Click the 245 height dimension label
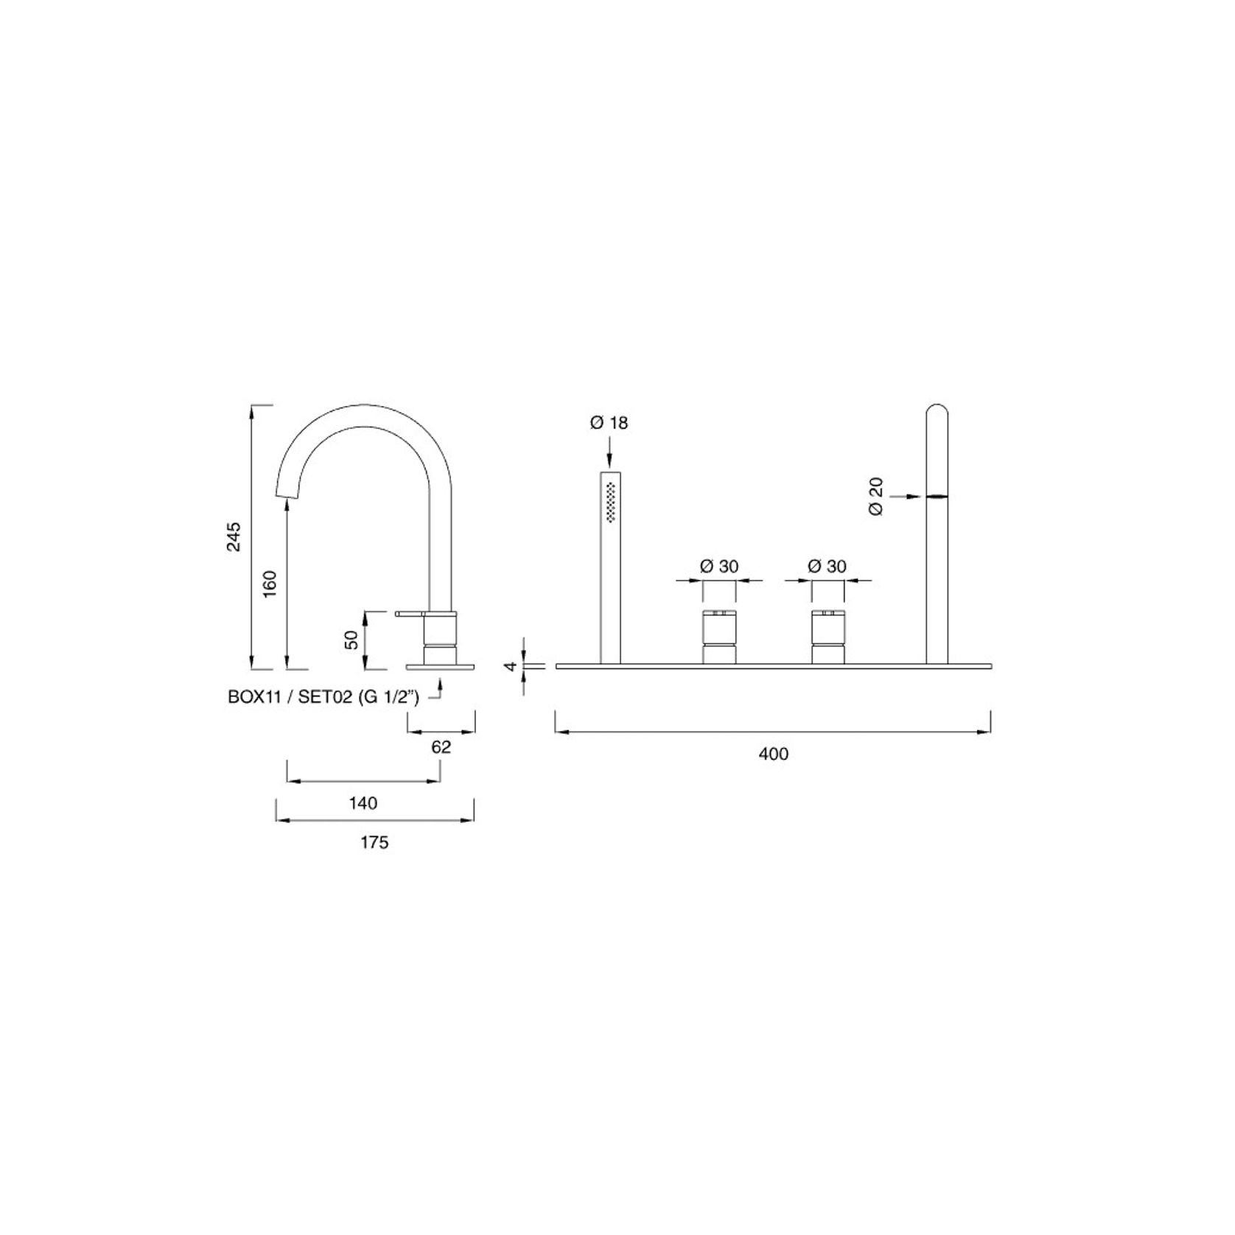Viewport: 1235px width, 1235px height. [x=234, y=536]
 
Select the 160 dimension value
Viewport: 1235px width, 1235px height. [x=270, y=584]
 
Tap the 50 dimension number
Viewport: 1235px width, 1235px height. [x=352, y=640]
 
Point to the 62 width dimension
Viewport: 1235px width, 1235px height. [x=441, y=746]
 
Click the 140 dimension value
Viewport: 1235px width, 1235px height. [x=363, y=803]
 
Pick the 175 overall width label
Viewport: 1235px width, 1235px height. [x=374, y=842]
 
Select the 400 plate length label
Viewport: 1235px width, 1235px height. [x=773, y=754]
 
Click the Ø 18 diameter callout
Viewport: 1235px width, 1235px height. [x=609, y=423]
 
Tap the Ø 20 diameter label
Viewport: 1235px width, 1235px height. [x=875, y=496]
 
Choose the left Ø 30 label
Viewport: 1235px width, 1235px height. [x=718, y=566]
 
